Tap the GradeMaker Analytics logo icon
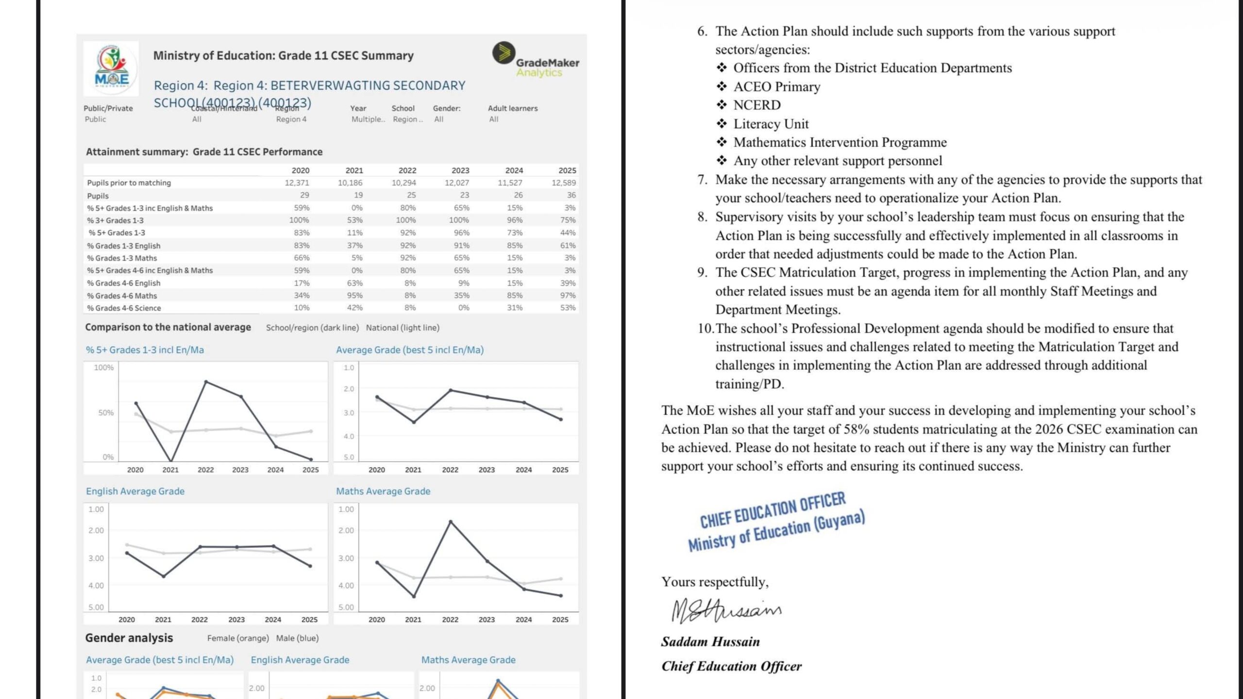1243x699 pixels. pyautogui.click(x=504, y=52)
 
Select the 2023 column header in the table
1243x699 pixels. pyautogui.click(x=460, y=170)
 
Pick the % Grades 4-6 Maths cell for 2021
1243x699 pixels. pyautogui.click(x=354, y=295)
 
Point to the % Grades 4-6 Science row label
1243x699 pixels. pyautogui.click(x=124, y=308)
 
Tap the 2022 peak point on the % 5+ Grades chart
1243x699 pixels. pyautogui.click(x=206, y=382)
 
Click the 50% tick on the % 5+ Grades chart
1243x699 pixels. pyautogui.click(x=106, y=413)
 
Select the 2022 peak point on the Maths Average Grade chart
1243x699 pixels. pyautogui.click(x=451, y=522)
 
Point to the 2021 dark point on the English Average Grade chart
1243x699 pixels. pyautogui.click(x=164, y=576)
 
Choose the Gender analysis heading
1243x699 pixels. pyautogui.click(x=129, y=638)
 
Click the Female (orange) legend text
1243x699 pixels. pyautogui.click(x=238, y=638)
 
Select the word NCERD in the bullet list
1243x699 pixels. pyautogui.click(x=757, y=105)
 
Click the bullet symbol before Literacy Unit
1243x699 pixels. pyautogui.click(x=722, y=123)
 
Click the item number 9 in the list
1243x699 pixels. pyautogui.click(x=702, y=273)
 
